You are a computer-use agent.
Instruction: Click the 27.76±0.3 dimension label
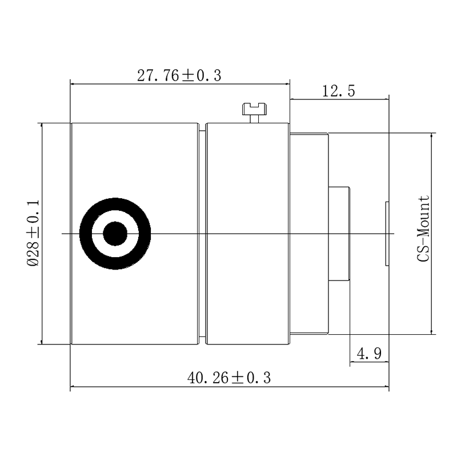(179, 75)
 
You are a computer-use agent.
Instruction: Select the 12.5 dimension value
(339, 91)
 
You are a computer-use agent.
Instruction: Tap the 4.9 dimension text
(369, 354)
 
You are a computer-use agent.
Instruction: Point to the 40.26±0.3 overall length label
(229, 378)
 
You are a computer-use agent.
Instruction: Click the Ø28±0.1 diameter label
(33, 233)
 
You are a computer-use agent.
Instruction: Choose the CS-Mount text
(423, 229)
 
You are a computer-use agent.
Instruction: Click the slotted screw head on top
(254, 109)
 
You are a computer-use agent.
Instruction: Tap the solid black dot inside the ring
(115, 234)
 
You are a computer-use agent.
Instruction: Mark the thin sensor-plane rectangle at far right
(387, 234)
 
